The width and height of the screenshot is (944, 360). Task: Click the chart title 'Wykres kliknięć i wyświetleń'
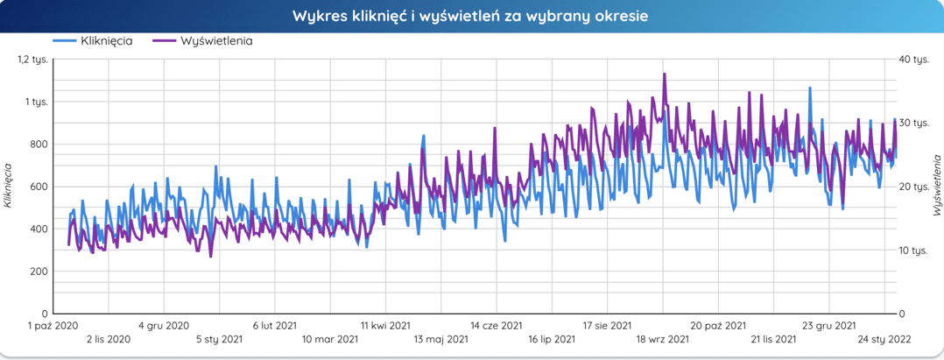point(471,17)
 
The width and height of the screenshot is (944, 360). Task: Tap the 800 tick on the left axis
point(37,145)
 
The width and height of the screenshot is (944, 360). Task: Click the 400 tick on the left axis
point(37,229)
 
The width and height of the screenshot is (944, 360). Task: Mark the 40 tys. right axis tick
point(914,60)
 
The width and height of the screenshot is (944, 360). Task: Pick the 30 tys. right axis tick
point(914,124)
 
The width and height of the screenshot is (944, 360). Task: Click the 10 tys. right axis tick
point(914,251)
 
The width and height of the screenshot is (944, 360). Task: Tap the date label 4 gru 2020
point(164,326)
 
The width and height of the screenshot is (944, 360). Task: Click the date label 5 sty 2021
point(220,339)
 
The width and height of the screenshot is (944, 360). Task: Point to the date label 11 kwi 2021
point(386,326)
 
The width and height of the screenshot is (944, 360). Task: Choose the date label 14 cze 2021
point(497,326)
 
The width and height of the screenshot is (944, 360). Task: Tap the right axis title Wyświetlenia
point(936,186)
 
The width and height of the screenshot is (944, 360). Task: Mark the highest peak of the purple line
point(665,74)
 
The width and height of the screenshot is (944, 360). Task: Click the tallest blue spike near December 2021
point(810,88)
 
